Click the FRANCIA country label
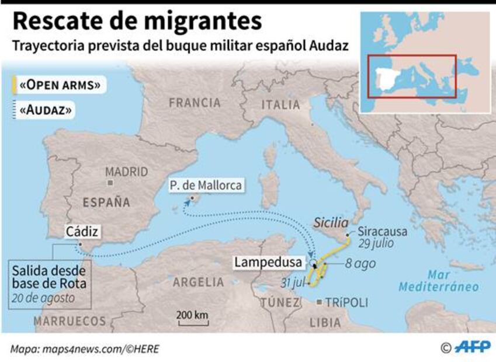coord(195,103)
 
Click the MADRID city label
coord(127,172)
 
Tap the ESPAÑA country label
coord(106,203)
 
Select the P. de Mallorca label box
coord(206,185)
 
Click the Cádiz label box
coord(82,231)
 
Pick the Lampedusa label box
coord(268,263)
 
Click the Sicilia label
coord(331,222)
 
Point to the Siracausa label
coord(383,231)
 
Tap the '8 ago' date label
coord(360,263)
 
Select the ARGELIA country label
coord(199,282)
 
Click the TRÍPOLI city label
coord(347,303)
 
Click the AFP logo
coord(473,348)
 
